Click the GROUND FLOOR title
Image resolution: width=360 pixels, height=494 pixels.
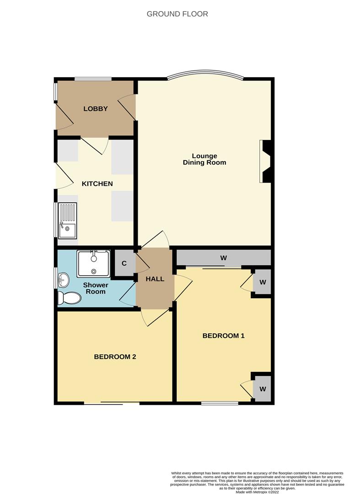[x=177, y=14]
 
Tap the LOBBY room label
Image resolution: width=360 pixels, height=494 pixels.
[x=96, y=109]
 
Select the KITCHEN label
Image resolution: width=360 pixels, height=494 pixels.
[x=97, y=184]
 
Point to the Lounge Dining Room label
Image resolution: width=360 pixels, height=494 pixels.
[x=204, y=159]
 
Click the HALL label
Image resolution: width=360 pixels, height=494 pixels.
[x=155, y=279]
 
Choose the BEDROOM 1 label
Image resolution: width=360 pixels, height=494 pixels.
[x=223, y=336]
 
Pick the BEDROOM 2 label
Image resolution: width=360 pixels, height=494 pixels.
[x=115, y=357]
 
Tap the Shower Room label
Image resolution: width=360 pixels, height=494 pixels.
[x=96, y=288]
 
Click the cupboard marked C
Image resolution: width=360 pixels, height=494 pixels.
[x=124, y=263]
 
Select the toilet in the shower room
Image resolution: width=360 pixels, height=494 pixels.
[x=69, y=298]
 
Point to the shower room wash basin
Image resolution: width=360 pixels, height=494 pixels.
[x=63, y=279]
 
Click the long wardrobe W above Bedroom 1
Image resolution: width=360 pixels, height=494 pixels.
[x=223, y=258]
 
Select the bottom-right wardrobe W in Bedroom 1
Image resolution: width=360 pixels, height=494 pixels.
[x=263, y=389]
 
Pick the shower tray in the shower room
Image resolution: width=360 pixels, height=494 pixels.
[x=93, y=264]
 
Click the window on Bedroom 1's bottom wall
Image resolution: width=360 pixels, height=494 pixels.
[x=220, y=403]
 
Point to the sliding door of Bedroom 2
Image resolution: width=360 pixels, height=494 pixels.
[x=112, y=403]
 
